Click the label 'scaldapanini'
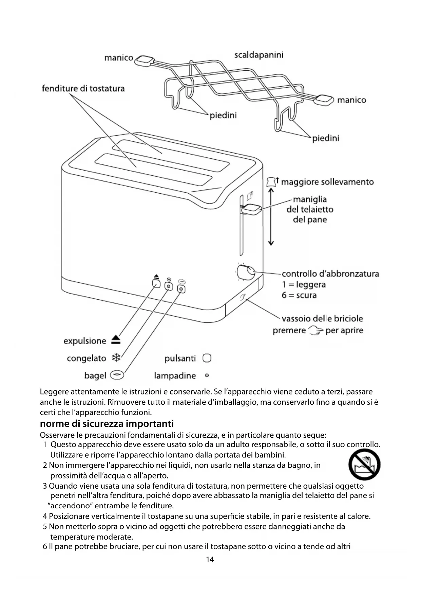pyautogui.click(x=259, y=55)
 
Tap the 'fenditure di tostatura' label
pyautogui.click(x=83, y=89)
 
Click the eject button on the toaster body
pyautogui.click(x=156, y=283)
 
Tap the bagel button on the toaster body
pyautogui.click(x=182, y=289)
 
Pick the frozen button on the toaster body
pyautogui.click(x=169, y=287)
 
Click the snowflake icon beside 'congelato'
pyautogui.click(x=116, y=358)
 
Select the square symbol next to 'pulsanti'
pyautogui.click(x=207, y=358)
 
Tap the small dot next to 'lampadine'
pyautogui.click(x=207, y=375)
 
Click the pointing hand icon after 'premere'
pyautogui.click(x=315, y=330)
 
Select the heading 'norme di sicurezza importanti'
pyautogui.click(x=107, y=424)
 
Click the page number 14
pyautogui.click(x=210, y=559)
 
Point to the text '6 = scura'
pyautogui.click(x=299, y=295)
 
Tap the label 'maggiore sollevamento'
pyautogui.click(x=327, y=182)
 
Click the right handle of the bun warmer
pyautogui.click(x=324, y=99)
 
